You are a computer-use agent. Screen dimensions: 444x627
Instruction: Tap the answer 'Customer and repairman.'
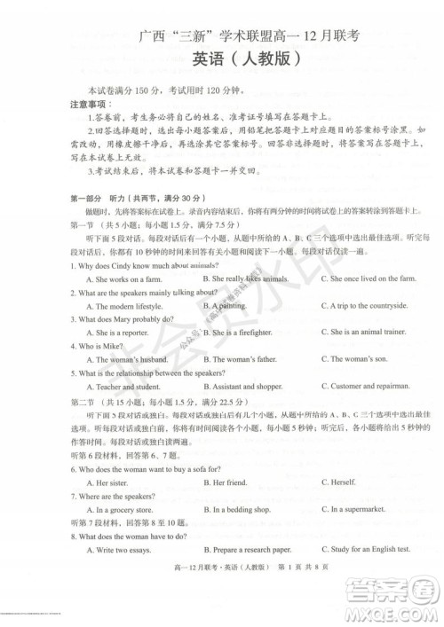365,387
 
